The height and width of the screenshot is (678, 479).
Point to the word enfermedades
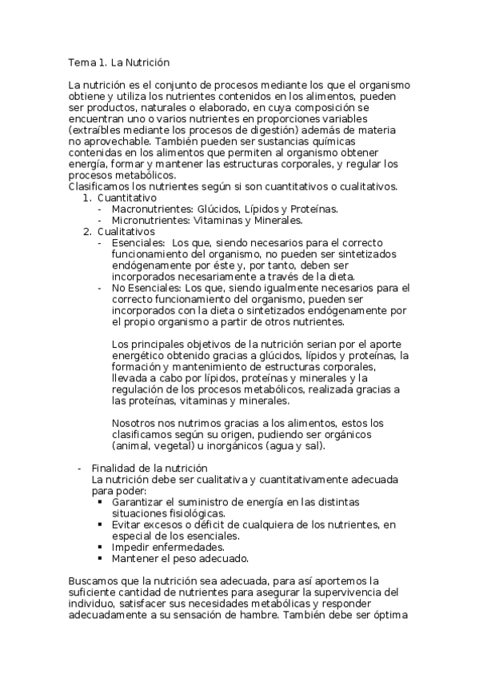pyautogui.click(x=190, y=547)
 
